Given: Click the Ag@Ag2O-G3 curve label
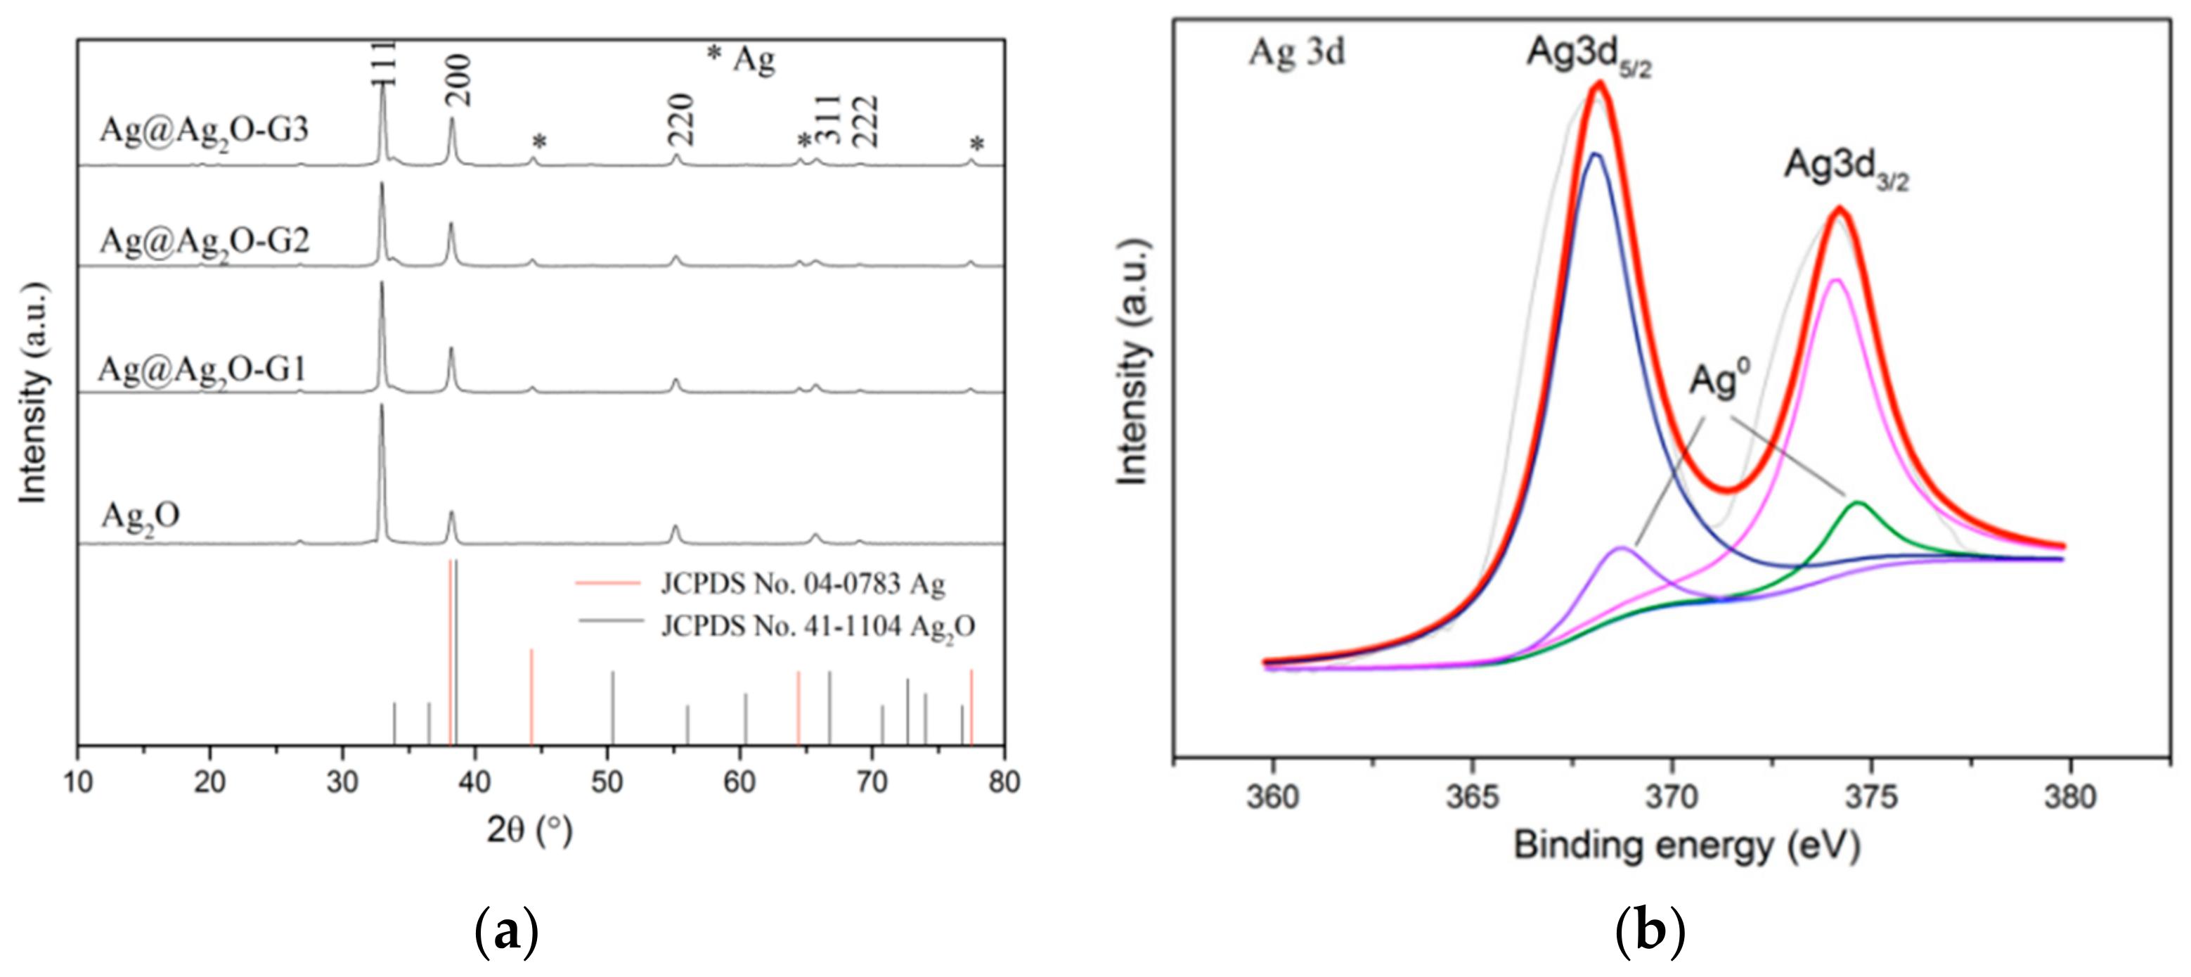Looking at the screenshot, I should (x=204, y=130).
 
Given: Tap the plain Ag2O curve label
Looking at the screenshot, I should (x=141, y=516).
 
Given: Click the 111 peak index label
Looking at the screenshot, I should (x=384, y=63).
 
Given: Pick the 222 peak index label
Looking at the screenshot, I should (x=865, y=122).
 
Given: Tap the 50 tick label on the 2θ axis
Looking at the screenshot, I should (x=607, y=781).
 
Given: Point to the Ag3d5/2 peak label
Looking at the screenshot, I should (x=1588, y=56).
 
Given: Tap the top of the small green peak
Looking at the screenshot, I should (x=1859, y=504).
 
